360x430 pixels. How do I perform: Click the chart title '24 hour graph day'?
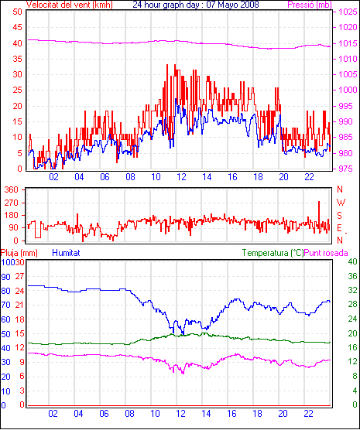click(x=166, y=5)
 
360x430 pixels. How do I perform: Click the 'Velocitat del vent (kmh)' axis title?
click(x=70, y=5)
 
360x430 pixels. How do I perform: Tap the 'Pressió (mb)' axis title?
click(x=310, y=5)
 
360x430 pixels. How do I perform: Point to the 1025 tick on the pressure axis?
click(x=348, y=12)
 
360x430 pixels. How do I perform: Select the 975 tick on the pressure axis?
click(x=348, y=169)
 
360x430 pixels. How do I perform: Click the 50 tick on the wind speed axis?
click(x=17, y=12)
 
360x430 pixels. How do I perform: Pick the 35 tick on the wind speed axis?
click(x=17, y=59)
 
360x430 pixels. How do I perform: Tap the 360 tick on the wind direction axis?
click(x=12, y=189)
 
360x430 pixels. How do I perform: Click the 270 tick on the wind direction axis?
click(x=12, y=203)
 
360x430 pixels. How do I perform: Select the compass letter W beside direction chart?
click(x=341, y=203)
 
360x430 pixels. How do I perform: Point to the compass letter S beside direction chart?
click(x=340, y=216)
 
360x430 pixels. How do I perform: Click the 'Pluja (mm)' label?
click(x=19, y=253)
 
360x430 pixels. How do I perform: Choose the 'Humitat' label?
click(x=66, y=253)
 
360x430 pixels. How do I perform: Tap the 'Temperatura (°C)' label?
click(x=273, y=253)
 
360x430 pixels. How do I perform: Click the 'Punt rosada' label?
click(x=326, y=253)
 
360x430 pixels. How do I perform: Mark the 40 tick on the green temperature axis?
click(x=352, y=261)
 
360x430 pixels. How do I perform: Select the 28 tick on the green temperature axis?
click(x=352, y=305)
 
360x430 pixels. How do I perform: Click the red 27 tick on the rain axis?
click(x=19, y=276)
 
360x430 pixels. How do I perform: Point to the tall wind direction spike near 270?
click(x=319, y=217)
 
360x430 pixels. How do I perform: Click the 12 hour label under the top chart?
click(x=181, y=177)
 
